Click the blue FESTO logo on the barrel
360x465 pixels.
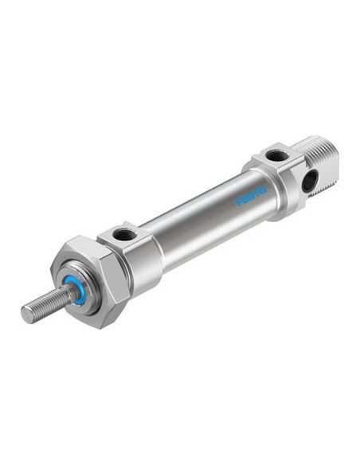(x=251, y=196)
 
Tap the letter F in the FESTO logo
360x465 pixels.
(x=239, y=201)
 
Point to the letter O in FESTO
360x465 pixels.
(x=263, y=190)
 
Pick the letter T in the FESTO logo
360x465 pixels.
(x=256, y=193)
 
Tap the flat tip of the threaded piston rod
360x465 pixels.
(x=27, y=314)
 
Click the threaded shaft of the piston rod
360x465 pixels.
(x=49, y=303)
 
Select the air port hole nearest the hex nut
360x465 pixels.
(x=124, y=235)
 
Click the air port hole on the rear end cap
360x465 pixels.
(x=276, y=155)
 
